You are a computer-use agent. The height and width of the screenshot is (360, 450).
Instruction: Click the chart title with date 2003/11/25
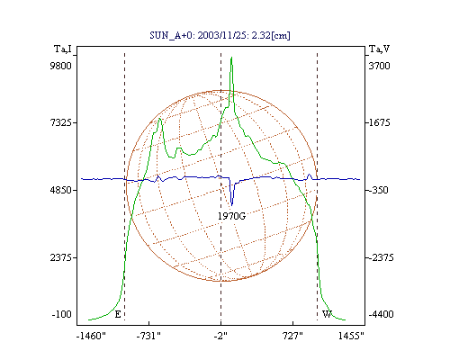220,35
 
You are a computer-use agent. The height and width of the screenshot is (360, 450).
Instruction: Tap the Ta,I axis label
63,49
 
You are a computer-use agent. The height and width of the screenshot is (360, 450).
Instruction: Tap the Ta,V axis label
379,49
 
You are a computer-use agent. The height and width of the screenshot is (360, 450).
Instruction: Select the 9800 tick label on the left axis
60,66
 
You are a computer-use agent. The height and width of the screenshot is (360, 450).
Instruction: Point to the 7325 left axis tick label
60,122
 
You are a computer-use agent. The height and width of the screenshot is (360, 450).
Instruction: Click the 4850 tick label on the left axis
60,190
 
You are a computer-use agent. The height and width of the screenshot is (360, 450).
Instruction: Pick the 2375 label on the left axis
60,257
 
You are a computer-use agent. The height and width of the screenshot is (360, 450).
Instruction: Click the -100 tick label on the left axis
62,314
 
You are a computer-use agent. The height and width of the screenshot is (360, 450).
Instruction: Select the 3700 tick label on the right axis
379,66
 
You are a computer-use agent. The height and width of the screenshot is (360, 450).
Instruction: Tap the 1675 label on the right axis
379,122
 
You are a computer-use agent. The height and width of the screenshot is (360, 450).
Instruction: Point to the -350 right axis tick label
379,190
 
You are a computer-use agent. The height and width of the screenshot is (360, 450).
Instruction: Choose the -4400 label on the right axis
381,314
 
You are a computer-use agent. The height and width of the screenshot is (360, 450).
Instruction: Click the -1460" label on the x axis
91,336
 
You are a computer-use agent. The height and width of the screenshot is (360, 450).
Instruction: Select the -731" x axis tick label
148,336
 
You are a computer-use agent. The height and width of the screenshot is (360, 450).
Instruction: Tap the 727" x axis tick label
292,336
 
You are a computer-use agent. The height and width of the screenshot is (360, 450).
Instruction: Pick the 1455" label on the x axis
351,336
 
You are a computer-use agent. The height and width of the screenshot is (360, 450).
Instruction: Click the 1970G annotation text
231,216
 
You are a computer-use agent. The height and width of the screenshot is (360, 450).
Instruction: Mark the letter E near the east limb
118,314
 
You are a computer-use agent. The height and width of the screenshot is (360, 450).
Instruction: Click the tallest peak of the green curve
231,58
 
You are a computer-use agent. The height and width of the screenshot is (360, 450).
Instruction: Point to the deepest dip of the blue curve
231,205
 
